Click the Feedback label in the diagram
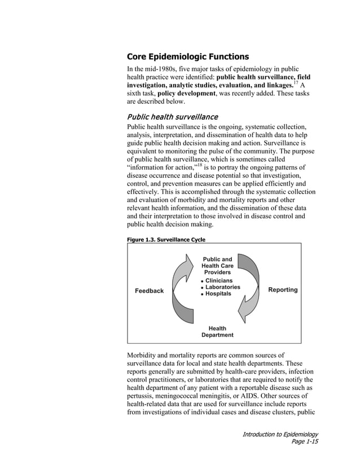click(x=149, y=291)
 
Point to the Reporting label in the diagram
click(x=283, y=290)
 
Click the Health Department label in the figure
click(x=217, y=332)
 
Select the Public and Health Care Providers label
click(x=217, y=266)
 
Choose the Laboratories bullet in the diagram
click(x=222, y=287)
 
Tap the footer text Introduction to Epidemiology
click(x=280, y=434)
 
